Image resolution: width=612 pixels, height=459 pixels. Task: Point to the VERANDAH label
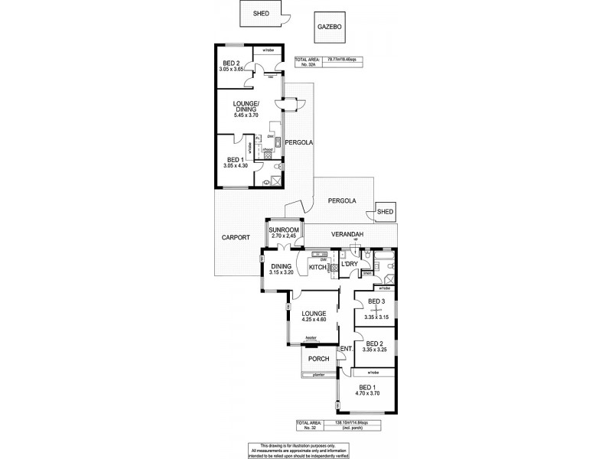click(x=347, y=234)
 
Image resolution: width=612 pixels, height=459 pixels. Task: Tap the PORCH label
click(x=318, y=358)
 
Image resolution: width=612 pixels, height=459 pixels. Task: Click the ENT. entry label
click(x=346, y=350)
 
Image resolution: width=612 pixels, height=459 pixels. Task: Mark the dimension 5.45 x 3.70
click(x=246, y=116)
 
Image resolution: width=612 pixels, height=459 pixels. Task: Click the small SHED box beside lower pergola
click(x=385, y=212)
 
